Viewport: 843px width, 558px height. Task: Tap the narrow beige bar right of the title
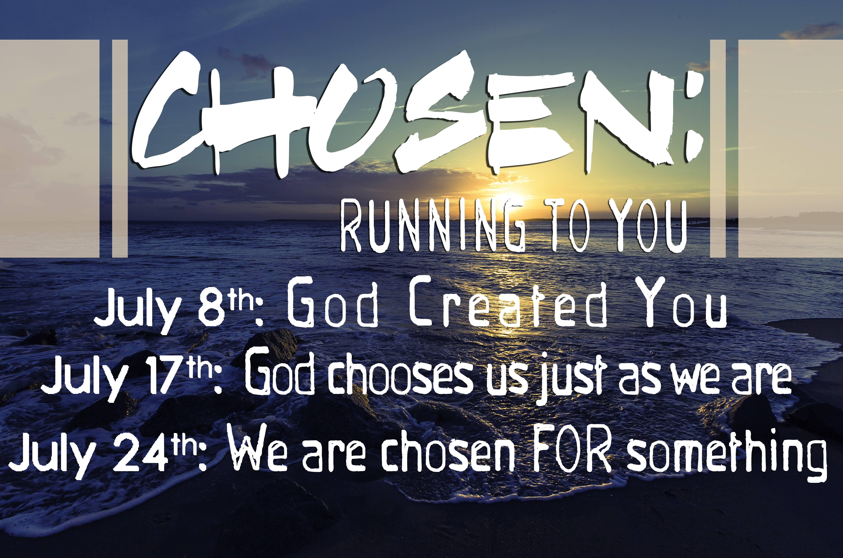click(x=718, y=148)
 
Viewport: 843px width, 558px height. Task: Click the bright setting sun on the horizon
click(x=514, y=199)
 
